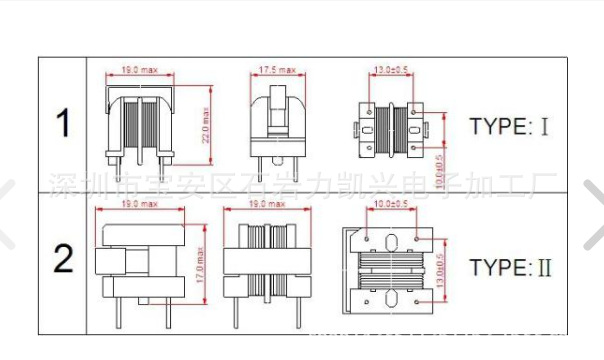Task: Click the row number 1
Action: [x=64, y=125]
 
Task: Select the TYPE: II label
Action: [x=512, y=268]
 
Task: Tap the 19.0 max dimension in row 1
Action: [x=139, y=70]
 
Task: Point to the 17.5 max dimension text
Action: [x=277, y=70]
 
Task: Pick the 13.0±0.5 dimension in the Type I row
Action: [x=389, y=70]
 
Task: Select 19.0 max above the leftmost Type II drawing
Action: [x=139, y=204]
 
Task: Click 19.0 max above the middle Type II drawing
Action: [x=260, y=204]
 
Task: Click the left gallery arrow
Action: [x=9, y=212]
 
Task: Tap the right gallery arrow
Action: [x=594, y=212]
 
